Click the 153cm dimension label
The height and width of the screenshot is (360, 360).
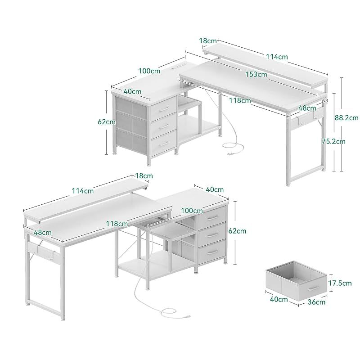point(256,74)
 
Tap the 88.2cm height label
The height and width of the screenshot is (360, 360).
point(346,118)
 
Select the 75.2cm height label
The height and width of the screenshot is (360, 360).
point(333,141)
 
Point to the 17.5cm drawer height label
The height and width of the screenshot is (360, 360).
point(340,283)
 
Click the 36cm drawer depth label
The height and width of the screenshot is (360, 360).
point(316,302)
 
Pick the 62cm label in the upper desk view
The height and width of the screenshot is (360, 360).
point(107,121)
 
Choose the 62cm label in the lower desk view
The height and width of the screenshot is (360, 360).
point(237,231)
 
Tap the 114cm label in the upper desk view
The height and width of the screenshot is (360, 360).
point(277,57)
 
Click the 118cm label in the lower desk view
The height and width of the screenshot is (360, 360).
point(117,223)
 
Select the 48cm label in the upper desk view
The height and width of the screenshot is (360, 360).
point(307,108)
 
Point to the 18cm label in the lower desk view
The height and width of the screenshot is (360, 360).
point(144,176)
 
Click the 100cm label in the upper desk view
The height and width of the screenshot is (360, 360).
point(149,71)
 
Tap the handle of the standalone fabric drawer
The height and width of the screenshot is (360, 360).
point(313,288)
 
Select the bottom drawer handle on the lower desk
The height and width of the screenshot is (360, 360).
point(212,252)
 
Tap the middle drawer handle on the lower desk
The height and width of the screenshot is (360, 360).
point(212,234)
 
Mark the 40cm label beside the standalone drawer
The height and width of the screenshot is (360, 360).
point(279,299)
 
